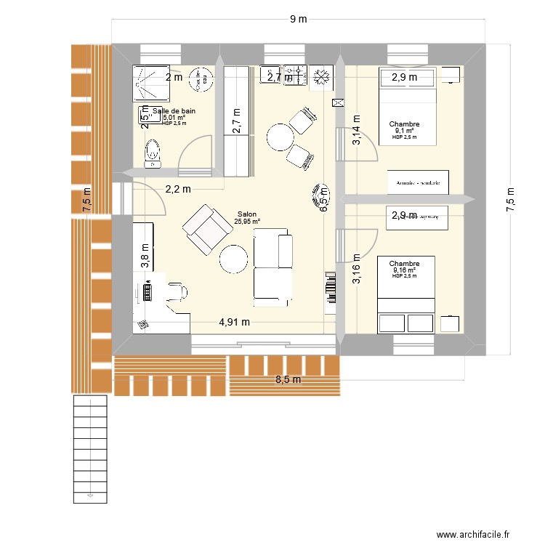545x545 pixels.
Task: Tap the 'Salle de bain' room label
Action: pos(174,110)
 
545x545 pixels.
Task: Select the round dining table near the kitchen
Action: pos(280,136)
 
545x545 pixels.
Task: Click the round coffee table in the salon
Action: pos(235,259)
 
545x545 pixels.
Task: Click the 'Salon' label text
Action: pos(246,214)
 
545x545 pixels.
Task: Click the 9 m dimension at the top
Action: pos(298,20)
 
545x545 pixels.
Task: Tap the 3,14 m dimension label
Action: pos(356,131)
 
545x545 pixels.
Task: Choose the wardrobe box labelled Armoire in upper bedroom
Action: pos(418,182)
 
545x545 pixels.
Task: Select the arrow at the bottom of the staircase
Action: pos(89,496)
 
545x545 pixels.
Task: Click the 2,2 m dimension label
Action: pos(177,189)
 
